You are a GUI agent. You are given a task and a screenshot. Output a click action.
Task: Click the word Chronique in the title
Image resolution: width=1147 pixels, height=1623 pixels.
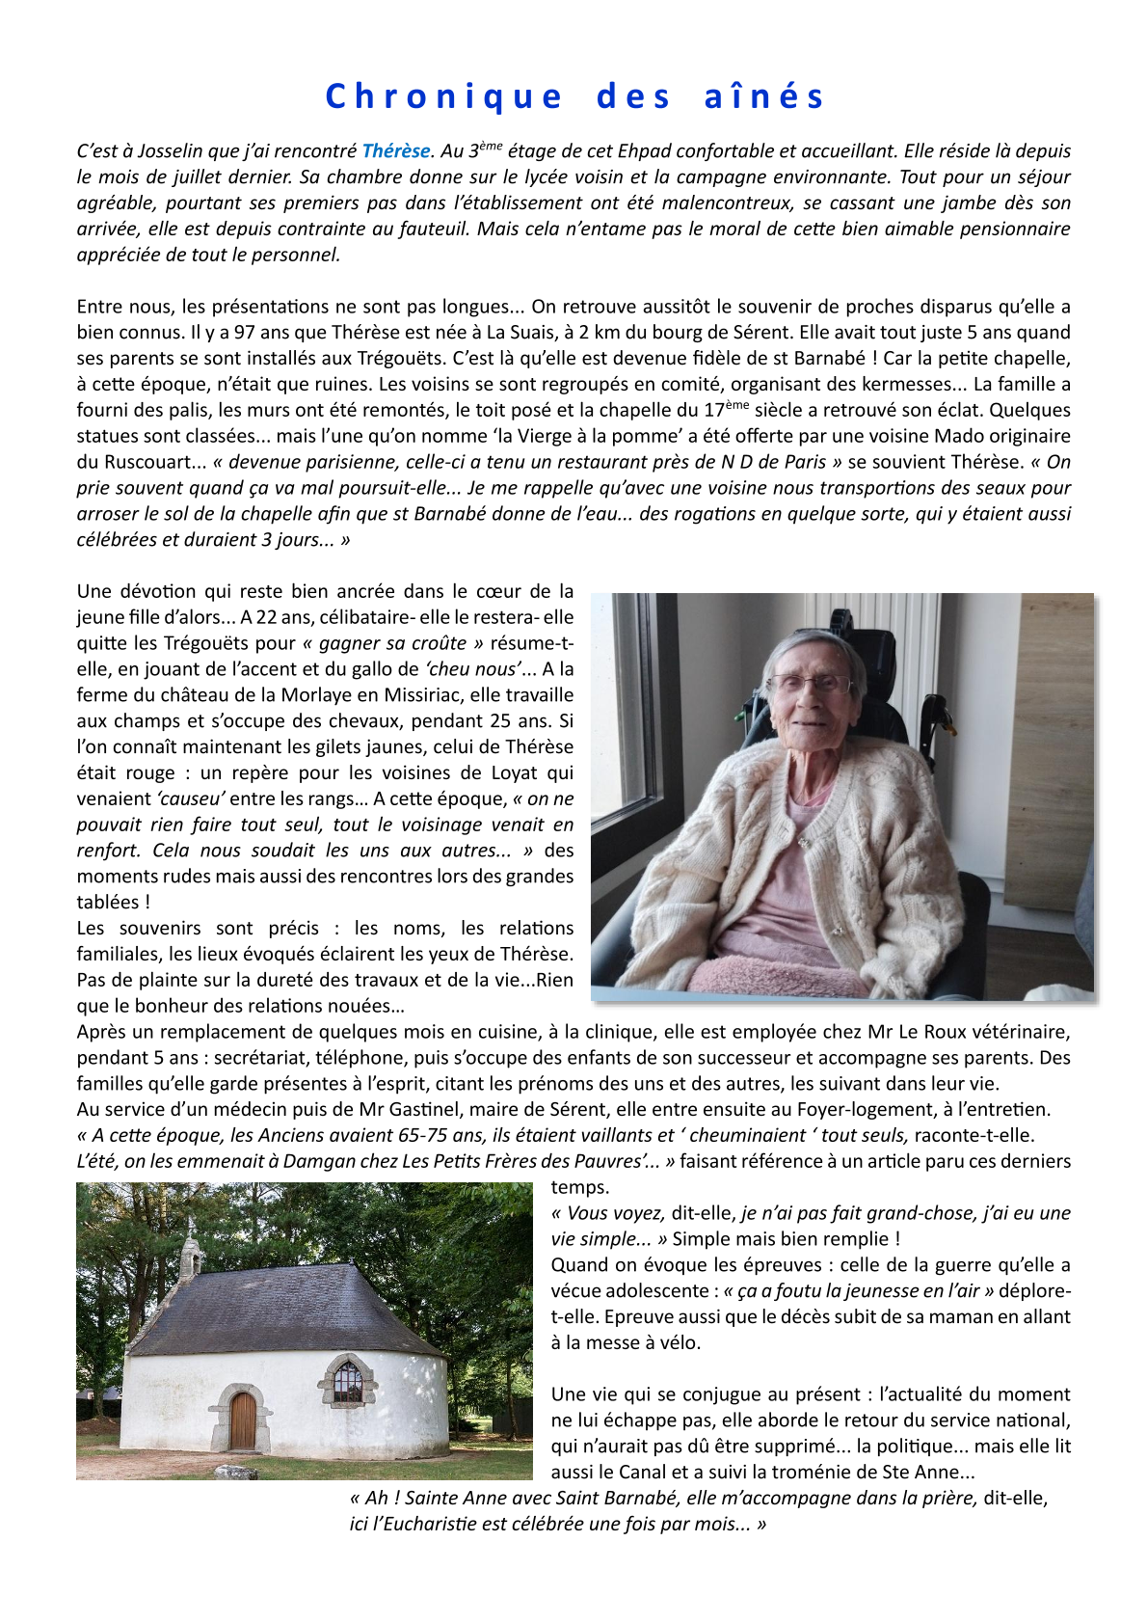tap(443, 96)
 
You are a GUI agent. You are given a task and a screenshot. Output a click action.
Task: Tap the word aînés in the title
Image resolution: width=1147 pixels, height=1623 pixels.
tap(764, 96)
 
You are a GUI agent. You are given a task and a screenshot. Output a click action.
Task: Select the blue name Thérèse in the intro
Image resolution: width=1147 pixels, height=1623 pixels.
tap(395, 151)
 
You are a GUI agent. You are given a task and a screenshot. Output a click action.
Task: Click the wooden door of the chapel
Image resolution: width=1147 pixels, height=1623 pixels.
tap(243, 1420)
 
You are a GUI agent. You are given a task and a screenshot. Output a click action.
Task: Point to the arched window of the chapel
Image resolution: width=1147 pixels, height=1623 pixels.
tap(348, 1382)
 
